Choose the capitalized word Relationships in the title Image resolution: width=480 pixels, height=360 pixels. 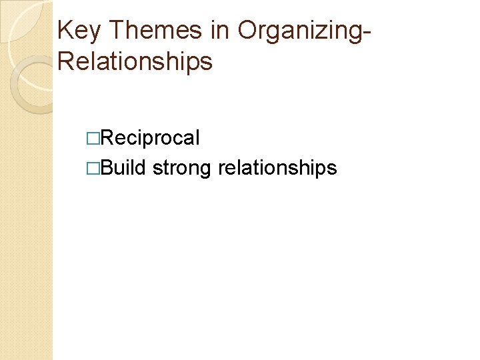135,61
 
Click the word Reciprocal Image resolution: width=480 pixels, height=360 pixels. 150,138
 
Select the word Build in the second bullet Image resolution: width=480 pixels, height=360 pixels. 123,167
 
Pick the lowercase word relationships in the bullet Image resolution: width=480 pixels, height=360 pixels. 277,168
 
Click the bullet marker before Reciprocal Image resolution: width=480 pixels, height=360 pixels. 93,139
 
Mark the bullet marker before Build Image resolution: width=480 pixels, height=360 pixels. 93,168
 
